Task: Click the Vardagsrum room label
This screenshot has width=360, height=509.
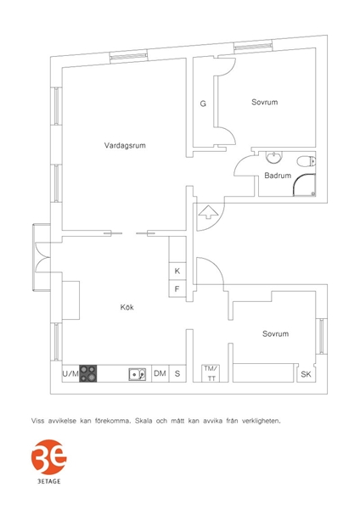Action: (x=125, y=145)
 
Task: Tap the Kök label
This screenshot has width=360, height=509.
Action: (x=127, y=307)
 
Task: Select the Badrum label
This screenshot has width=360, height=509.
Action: (x=278, y=176)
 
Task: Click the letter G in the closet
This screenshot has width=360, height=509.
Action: (x=203, y=103)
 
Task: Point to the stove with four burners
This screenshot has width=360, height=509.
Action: (x=88, y=373)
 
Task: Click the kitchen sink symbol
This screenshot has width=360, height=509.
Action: (x=137, y=374)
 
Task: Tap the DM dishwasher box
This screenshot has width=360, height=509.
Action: (x=160, y=373)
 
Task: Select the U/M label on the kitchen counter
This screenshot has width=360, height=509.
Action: (x=70, y=373)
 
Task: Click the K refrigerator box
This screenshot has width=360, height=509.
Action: (x=177, y=271)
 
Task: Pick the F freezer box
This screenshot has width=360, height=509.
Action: (x=177, y=288)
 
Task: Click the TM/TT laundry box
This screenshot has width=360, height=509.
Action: (x=211, y=373)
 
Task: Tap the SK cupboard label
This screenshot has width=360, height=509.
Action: (x=306, y=374)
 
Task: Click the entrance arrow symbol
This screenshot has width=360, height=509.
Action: (x=208, y=212)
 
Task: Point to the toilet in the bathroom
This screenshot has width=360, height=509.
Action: (x=306, y=161)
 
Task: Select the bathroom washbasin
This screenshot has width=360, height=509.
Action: (x=274, y=158)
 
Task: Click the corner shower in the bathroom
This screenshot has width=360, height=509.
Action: (x=304, y=185)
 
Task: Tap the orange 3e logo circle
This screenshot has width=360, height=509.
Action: (x=48, y=457)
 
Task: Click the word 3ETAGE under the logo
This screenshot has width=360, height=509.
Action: (x=48, y=481)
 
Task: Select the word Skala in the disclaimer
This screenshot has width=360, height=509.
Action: (x=143, y=421)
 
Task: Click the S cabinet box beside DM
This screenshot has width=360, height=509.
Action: (x=177, y=373)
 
